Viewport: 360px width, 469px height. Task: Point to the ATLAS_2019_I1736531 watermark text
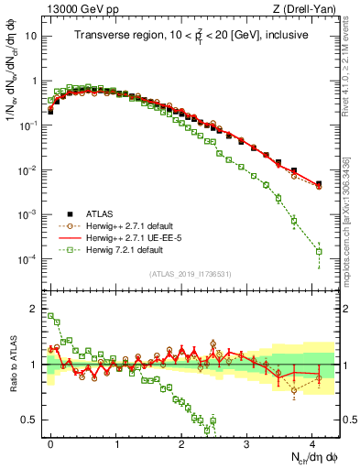pos(191,274)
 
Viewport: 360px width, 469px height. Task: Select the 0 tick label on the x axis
pos(50,442)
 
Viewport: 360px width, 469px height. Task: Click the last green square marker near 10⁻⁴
pos(319,251)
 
